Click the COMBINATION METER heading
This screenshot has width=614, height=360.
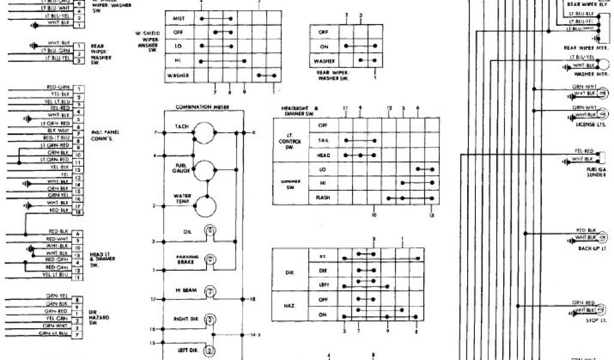tap(201, 107)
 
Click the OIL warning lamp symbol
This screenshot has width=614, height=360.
tap(210, 230)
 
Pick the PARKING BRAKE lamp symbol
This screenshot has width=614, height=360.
tap(210, 260)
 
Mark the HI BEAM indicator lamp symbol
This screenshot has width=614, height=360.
tap(210, 292)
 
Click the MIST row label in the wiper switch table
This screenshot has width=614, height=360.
tap(178, 19)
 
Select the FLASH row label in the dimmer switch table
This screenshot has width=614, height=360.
tap(323, 197)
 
